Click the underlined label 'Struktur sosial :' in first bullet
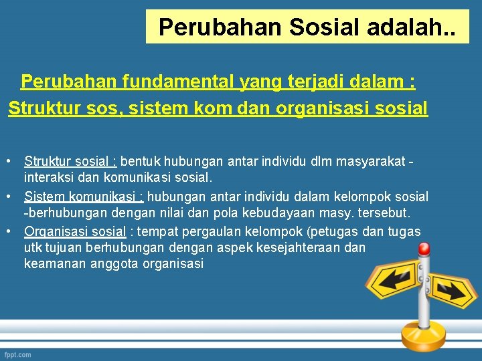point(71,161)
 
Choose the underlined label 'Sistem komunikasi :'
point(84,197)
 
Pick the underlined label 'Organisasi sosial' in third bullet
point(75,231)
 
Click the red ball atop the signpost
point(424,249)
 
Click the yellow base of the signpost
point(424,335)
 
